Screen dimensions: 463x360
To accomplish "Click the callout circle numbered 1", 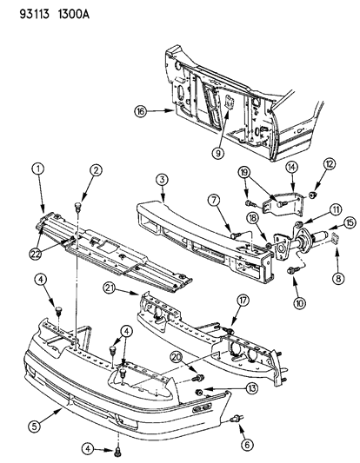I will point(37,169).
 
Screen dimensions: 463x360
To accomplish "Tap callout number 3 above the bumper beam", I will point(161,180).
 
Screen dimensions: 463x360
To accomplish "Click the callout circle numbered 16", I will point(141,110).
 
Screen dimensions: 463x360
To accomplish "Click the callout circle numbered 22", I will point(34,252).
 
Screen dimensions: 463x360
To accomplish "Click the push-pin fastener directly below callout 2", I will point(78,205).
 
